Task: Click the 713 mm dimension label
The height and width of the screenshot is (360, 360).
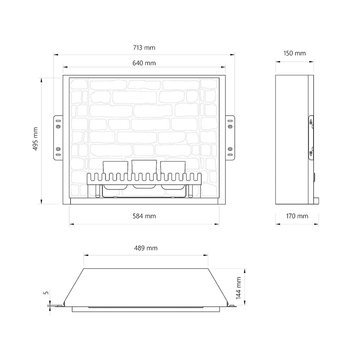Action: point(144,48)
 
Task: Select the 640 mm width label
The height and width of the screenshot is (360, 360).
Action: point(144,63)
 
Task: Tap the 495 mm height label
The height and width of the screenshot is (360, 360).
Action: point(35,139)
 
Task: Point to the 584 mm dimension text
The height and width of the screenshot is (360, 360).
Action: point(144,216)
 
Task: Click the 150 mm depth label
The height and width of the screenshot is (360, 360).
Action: point(294,53)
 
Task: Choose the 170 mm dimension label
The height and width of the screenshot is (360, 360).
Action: point(297,216)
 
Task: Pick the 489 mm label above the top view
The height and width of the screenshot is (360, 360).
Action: point(146,248)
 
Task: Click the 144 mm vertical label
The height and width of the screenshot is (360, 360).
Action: point(239,288)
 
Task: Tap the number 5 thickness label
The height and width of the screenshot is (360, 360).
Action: point(46,293)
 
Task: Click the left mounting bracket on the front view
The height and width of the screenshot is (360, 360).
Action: point(58,138)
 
